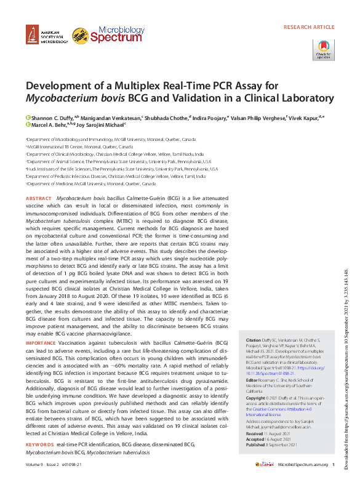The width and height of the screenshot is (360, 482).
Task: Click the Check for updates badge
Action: pyautogui.click(x=323, y=50)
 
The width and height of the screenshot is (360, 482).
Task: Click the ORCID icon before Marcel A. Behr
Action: pyautogui.click(x=28, y=124)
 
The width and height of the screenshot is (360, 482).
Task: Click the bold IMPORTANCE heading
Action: pyautogui.click(x=41, y=342)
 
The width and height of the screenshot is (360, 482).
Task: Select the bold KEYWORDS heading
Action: pyautogui.click(x=40, y=444)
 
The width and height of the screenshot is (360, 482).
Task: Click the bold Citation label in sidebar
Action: pyautogui.click(x=254, y=340)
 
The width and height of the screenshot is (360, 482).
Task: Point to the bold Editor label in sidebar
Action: pyautogui.click(x=252, y=379)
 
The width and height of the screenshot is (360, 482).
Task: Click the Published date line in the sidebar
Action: pyautogui.click(x=272, y=444)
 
